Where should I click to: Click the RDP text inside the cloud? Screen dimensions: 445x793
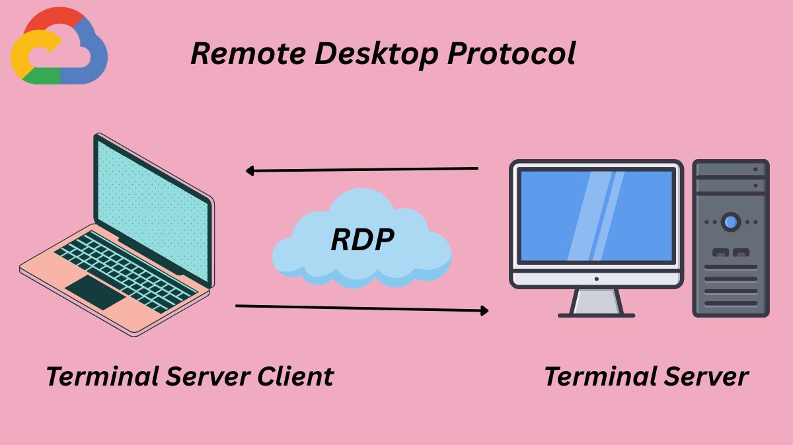[362, 240]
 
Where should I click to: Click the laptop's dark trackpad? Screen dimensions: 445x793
[95, 292]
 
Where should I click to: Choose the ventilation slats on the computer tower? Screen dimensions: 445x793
[730, 284]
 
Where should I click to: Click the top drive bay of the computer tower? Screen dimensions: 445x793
[730, 169]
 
